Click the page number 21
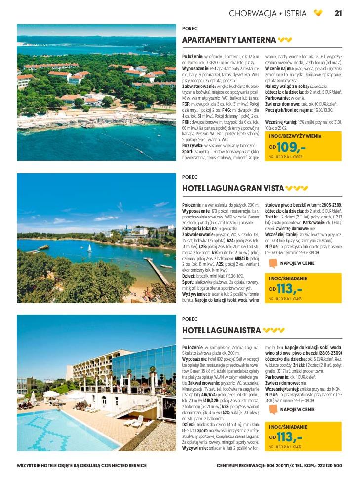point(338,13)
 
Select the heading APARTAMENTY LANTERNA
point(229,40)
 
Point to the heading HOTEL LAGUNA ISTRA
point(221,330)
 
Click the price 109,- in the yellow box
point(291,147)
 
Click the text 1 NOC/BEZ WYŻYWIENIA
point(295,136)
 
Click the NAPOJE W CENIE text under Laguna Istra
point(297,409)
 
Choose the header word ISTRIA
point(295,13)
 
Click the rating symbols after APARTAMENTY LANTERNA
point(285,40)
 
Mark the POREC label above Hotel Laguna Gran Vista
point(190,177)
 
